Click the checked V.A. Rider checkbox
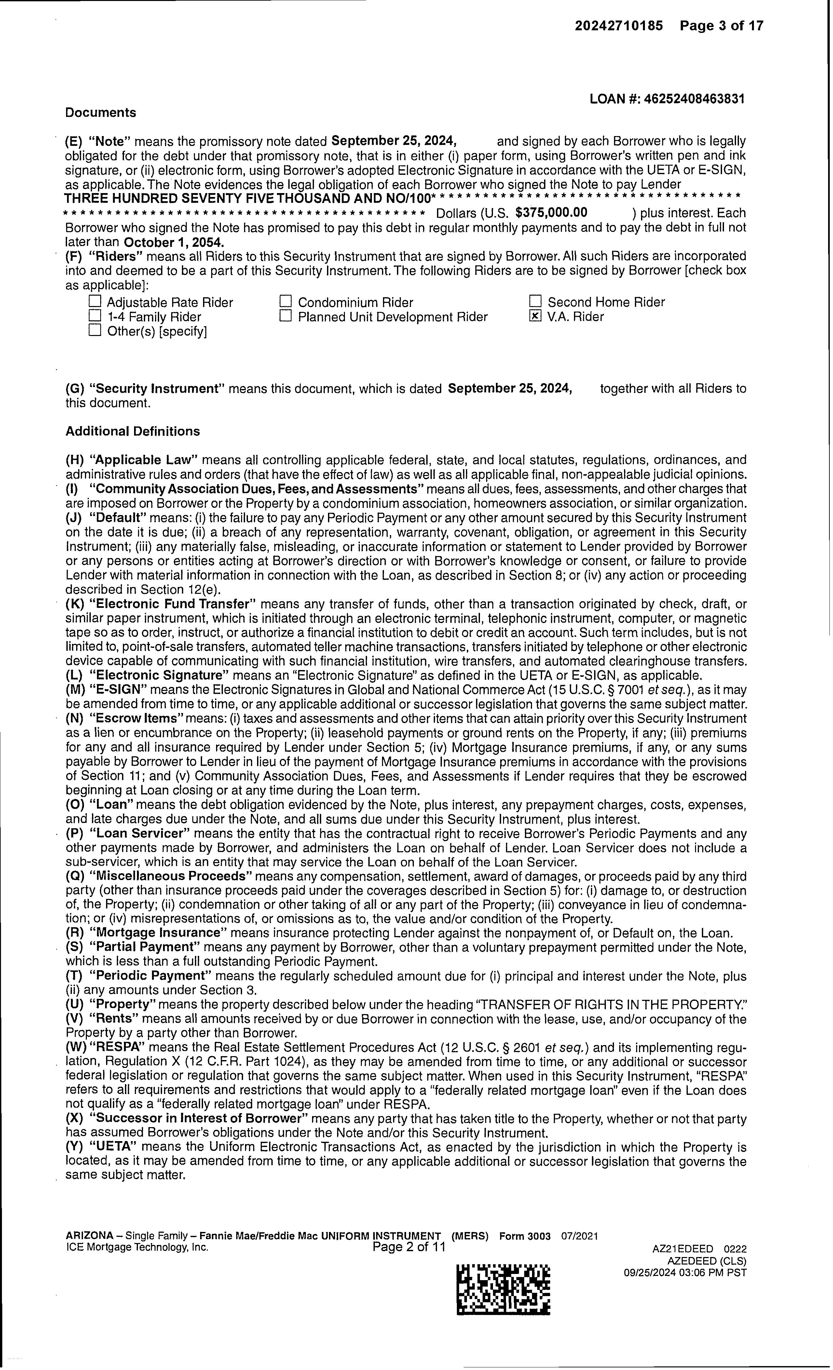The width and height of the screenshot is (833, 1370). point(535,316)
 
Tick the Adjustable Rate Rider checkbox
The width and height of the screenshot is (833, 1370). point(96,302)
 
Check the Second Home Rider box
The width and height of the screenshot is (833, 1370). point(535,302)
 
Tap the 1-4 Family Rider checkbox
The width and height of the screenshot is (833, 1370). point(96,316)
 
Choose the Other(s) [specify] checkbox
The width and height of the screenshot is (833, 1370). point(96,331)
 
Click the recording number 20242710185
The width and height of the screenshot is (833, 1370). point(619,26)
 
